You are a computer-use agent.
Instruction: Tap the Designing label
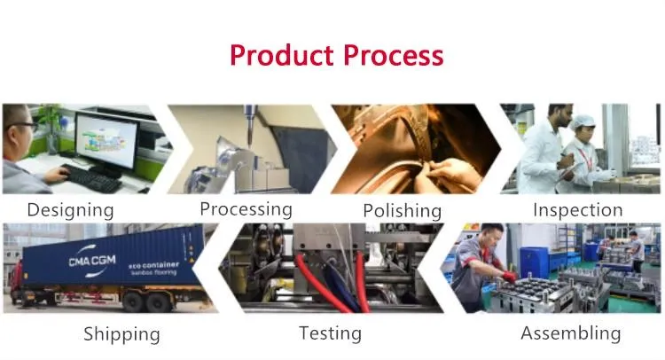(70, 210)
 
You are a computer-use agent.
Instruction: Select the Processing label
(246, 209)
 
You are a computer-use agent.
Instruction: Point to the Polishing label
(402, 211)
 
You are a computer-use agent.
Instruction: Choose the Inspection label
(577, 210)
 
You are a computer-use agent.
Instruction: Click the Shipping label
(121, 334)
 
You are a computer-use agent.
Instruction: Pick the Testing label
(329, 333)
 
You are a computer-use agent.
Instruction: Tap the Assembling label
(570, 333)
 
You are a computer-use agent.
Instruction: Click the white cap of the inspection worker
(582, 121)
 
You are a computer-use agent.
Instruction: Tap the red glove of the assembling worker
(509, 277)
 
